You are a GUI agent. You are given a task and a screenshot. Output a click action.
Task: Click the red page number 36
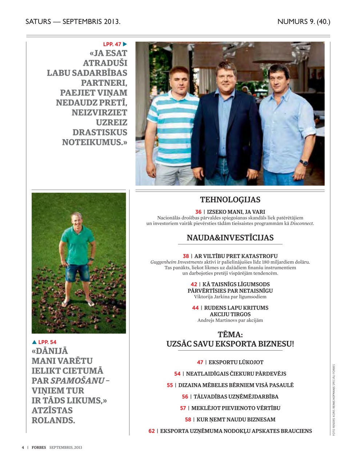pyautogui.click(x=198, y=212)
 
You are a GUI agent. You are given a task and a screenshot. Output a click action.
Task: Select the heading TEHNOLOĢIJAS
pyautogui.click(x=230, y=200)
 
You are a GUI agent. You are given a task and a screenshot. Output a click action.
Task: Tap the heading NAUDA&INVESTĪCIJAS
pyautogui.click(x=230, y=238)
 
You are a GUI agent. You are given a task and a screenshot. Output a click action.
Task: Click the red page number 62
pyautogui.click(x=152, y=431)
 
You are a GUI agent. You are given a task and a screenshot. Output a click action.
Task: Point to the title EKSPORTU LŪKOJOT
pyautogui.click(x=236, y=363)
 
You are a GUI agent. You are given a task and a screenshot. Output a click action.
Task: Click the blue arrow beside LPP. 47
pyautogui.click(x=125, y=44)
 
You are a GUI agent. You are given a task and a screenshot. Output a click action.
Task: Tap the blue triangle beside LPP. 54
pyautogui.click(x=35, y=342)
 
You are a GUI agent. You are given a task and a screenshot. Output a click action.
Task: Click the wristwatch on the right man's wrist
pyautogui.click(x=304, y=162)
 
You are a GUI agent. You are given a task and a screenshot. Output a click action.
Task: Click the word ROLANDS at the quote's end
pyautogui.click(x=53, y=420)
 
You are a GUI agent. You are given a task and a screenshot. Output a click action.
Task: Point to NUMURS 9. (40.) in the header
pyautogui.click(x=304, y=22)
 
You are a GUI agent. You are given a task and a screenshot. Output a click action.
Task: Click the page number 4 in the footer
pyautogui.click(x=23, y=448)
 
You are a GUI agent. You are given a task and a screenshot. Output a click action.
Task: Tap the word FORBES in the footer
pyautogui.click(x=39, y=448)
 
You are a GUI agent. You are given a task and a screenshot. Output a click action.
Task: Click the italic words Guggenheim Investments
pyautogui.click(x=177, y=262)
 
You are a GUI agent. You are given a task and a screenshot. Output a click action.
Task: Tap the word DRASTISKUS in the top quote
pyautogui.click(x=100, y=133)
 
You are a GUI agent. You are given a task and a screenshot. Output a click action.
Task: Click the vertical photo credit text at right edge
pyautogui.click(x=334, y=400)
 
